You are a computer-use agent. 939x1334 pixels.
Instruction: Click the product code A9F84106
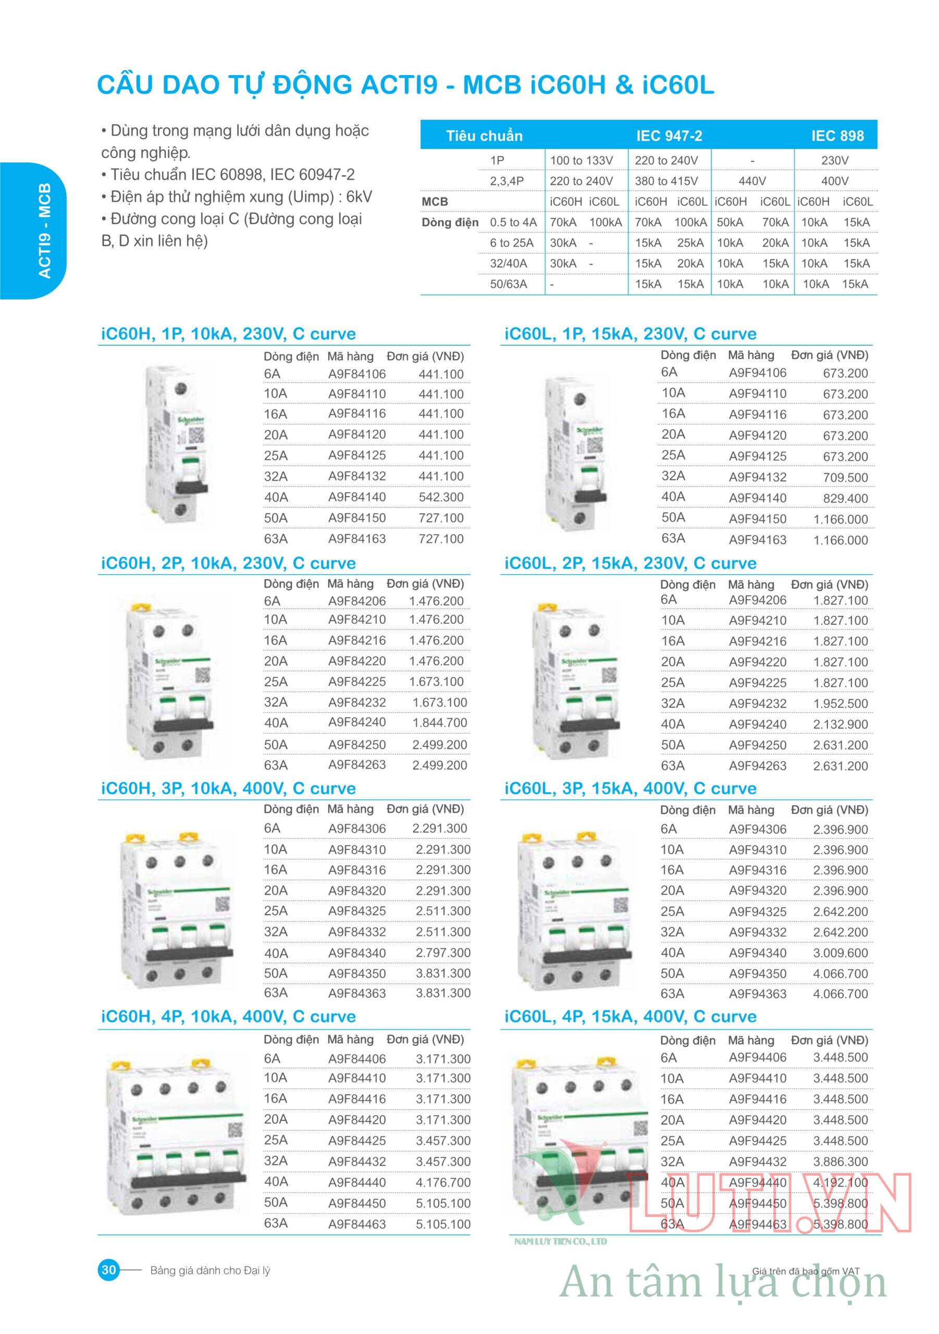(357, 374)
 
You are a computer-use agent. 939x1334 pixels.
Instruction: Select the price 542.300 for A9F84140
(441, 497)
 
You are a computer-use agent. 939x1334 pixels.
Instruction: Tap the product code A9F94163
(757, 540)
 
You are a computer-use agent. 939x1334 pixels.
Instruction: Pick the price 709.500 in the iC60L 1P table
(845, 478)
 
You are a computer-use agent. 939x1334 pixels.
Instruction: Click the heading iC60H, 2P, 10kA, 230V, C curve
(228, 563)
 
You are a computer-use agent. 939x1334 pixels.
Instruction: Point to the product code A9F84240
(357, 722)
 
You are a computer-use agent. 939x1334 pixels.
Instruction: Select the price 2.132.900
(840, 724)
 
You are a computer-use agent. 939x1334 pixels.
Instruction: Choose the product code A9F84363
(357, 993)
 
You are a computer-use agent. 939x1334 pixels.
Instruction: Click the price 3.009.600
(840, 953)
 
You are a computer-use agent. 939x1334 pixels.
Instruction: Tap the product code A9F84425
(357, 1141)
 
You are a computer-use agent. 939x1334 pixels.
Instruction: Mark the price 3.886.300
(840, 1162)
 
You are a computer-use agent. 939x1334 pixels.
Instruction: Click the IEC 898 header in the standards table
(837, 136)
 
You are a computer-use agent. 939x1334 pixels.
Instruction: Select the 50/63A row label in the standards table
(509, 284)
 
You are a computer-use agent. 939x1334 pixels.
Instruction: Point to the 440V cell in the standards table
(752, 181)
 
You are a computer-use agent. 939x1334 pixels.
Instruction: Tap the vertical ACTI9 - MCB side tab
(44, 231)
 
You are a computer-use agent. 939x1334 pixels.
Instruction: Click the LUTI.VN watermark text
(767, 1204)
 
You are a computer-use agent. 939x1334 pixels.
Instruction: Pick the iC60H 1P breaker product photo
(177, 444)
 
